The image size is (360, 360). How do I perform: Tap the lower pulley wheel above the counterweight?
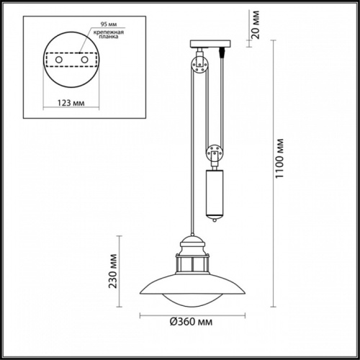click(213, 153)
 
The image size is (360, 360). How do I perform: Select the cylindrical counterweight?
click(215, 194)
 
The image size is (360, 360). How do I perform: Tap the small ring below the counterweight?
click(215, 224)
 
